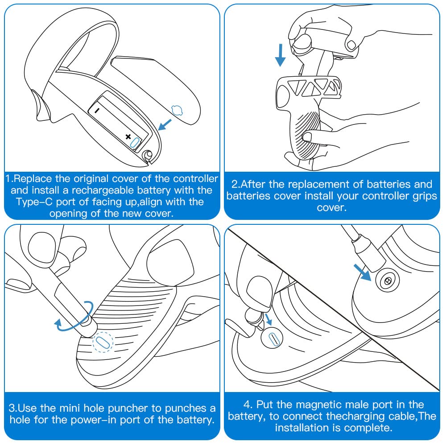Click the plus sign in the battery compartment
(x=128, y=137)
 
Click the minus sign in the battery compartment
(x=97, y=110)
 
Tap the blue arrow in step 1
(x=165, y=125)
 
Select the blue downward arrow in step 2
(x=281, y=55)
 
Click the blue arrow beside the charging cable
(x=362, y=273)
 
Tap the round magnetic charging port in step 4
(x=388, y=281)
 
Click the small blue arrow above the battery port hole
(x=268, y=319)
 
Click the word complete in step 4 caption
(x=368, y=428)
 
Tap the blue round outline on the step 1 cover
(x=177, y=110)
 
